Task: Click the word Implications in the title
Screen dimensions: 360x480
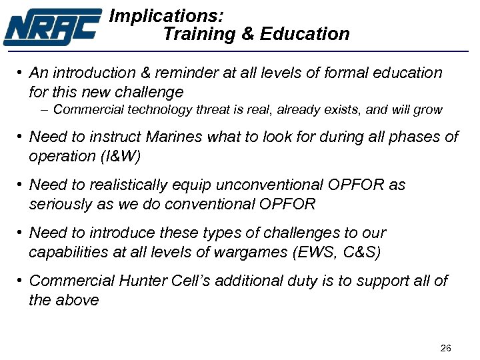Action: (x=166, y=15)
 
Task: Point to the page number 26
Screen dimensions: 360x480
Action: (x=446, y=348)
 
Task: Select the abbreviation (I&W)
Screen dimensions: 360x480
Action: (x=121, y=156)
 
